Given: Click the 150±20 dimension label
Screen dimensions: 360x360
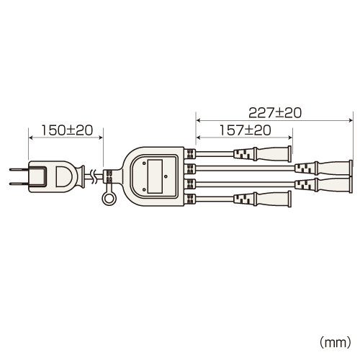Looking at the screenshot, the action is click(67, 130).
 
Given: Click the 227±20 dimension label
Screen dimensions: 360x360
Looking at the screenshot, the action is click(275, 113).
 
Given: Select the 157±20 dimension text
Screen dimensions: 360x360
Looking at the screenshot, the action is click(246, 130).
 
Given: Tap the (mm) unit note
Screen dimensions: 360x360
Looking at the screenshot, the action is click(336, 342).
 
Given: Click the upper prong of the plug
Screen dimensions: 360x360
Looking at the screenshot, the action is click(19, 169).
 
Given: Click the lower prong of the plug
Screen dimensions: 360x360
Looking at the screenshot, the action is click(19, 184).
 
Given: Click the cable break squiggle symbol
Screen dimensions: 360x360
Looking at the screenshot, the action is click(93, 177).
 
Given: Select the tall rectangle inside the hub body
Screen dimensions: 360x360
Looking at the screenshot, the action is click(155, 176).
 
